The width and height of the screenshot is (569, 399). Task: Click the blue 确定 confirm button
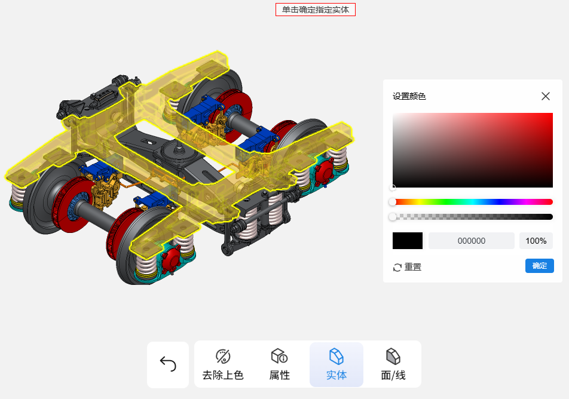coord(539,266)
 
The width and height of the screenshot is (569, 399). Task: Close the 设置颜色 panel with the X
coord(546,96)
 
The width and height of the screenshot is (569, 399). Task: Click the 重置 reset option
coord(407,267)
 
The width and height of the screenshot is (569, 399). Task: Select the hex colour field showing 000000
coord(472,241)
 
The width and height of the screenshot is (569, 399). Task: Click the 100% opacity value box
coord(536,241)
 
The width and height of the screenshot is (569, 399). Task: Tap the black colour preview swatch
coord(408,241)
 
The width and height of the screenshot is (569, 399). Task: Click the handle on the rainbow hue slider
coord(393,202)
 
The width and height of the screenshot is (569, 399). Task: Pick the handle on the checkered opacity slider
coord(393,217)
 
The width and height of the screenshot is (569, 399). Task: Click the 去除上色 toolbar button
coord(223,364)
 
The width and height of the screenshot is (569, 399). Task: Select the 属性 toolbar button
coord(280,364)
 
